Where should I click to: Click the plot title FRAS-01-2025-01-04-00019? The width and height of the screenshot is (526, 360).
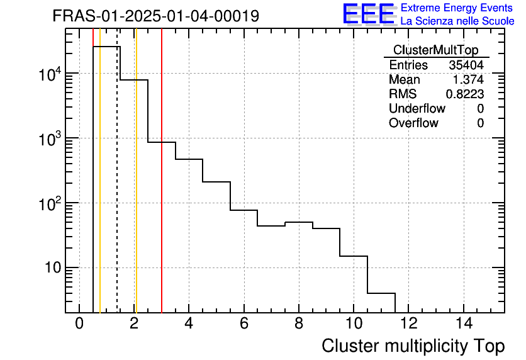155,16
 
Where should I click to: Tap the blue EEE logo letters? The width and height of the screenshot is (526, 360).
368,14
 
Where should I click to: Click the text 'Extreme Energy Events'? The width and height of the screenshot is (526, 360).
457,8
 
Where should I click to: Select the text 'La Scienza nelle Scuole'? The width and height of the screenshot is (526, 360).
457,21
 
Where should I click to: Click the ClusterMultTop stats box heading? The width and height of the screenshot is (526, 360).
435,50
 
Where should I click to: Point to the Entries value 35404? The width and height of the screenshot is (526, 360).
466,65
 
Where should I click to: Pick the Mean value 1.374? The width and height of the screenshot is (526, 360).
469,80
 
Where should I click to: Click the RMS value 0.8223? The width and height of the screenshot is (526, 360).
464,94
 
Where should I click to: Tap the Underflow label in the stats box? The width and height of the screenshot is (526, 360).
417,108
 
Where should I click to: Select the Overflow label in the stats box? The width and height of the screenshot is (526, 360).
413,123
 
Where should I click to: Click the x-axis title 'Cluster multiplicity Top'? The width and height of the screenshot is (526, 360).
413,346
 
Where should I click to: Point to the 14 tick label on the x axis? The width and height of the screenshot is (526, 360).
464,323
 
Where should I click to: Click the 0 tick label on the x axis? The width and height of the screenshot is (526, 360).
79,323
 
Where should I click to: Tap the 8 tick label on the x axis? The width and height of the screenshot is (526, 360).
299,323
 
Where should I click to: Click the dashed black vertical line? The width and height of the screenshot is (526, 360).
117,189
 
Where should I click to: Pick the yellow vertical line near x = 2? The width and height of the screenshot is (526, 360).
136,189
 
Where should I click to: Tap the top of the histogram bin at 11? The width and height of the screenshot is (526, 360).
381,293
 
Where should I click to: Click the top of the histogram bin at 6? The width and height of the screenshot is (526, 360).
244,210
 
